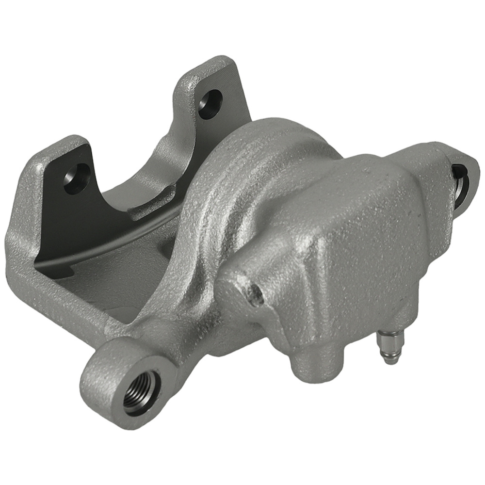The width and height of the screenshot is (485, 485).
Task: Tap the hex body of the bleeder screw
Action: pyautogui.click(x=391, y=340)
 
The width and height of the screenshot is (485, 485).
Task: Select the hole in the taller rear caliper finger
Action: pyautogui.click(x=210, y=103)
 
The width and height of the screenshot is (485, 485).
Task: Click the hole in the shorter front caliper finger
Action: pyautogui.click(x=77, y=178)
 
